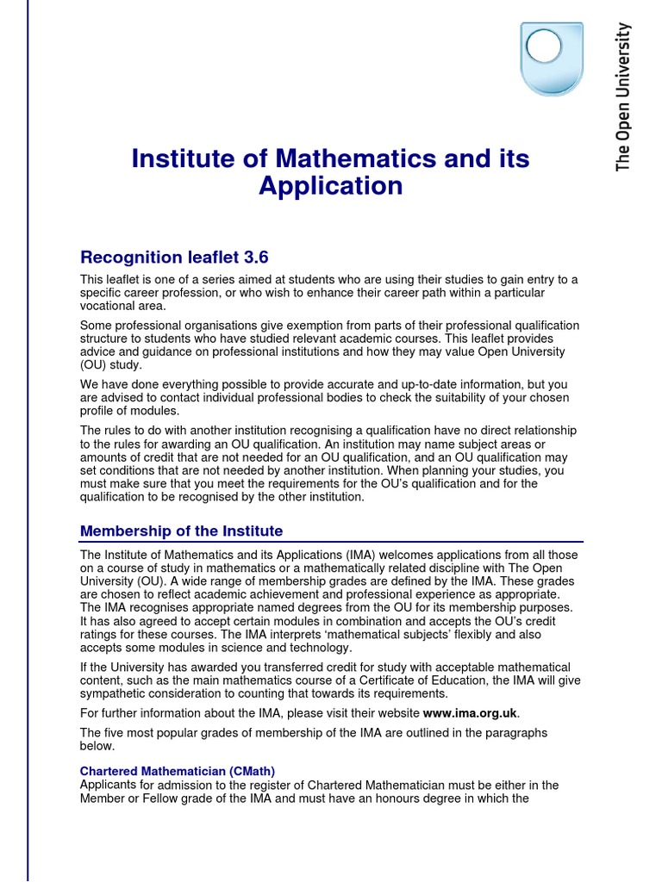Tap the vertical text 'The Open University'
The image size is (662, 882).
[x=623, y=96]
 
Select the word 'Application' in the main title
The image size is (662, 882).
[x=331, y=186]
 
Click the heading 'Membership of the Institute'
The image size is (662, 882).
[x=181, y=531]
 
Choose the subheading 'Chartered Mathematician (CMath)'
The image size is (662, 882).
[x=178, y=771]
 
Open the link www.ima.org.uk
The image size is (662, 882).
[x=471, y=712]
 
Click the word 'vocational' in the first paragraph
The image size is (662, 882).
[x=109, y=306]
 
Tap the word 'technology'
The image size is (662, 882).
[x=319, y=649]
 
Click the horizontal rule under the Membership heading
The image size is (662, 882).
[x=331, y=542]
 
